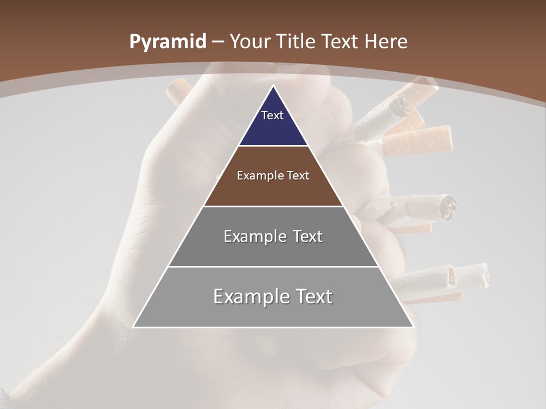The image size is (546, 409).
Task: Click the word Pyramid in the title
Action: point(167,41)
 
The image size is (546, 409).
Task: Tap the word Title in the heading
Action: point(299,41)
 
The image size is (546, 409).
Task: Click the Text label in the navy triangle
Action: point(272,115)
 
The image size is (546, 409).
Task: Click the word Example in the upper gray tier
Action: point(254,236)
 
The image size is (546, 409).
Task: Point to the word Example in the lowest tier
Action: point(249,297)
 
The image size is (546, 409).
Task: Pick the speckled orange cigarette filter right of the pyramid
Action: point(418,140)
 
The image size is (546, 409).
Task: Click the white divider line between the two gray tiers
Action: point(273,266)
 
